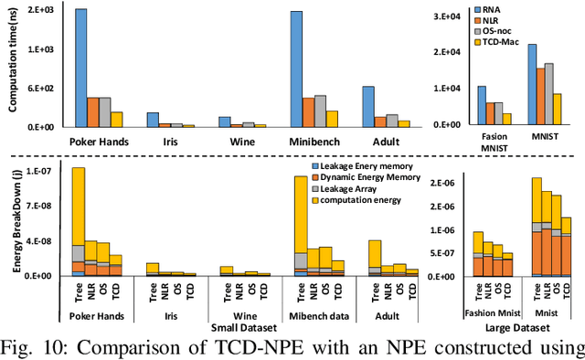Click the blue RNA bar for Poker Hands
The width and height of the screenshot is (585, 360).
tap(81, 68)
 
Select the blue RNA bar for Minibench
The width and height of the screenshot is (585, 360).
tap(296, 69)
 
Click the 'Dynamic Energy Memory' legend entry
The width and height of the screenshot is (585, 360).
tap(376, 177)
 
